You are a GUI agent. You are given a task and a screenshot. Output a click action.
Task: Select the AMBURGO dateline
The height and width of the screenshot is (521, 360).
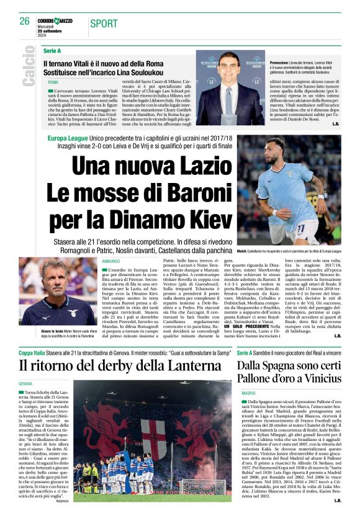[x=110, y=261]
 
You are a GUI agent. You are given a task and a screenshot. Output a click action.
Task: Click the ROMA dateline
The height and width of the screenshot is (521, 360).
[x=53, y=82]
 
